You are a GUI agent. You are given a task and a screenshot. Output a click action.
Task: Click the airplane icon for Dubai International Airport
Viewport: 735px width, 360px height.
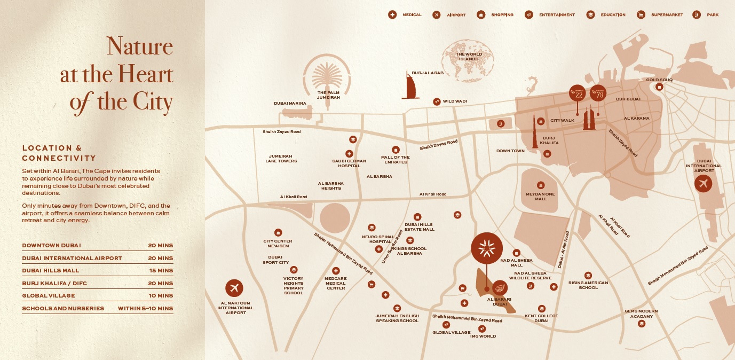[703, 184]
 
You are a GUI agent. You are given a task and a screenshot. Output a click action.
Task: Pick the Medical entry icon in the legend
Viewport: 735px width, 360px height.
[392, 14]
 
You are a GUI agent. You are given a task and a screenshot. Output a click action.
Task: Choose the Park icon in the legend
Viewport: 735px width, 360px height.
[697, 14]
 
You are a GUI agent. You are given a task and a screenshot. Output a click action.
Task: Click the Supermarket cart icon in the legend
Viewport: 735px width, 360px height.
[641, 14]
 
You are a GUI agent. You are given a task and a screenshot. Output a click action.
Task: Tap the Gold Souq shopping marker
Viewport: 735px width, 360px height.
[660, 87]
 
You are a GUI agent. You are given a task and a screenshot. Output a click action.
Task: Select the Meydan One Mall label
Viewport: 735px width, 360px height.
[541, 197]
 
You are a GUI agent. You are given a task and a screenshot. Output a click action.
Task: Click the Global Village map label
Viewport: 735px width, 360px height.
[452, 332]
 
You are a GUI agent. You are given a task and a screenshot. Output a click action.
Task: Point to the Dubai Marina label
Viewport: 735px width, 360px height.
[290, 103]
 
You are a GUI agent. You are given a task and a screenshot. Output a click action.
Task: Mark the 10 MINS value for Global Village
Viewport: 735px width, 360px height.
[161, 295]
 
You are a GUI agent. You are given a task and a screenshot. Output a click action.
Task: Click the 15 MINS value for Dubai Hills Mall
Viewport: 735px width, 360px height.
[161, 271]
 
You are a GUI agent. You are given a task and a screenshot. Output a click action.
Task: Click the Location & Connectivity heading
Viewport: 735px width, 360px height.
[59, 153]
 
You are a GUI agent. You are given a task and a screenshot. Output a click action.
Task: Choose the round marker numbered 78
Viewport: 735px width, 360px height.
[598, 93]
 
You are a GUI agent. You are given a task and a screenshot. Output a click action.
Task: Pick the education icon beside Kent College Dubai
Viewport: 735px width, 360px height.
[541, 308]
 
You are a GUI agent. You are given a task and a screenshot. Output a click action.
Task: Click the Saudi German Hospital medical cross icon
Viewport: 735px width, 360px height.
[349, 154]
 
